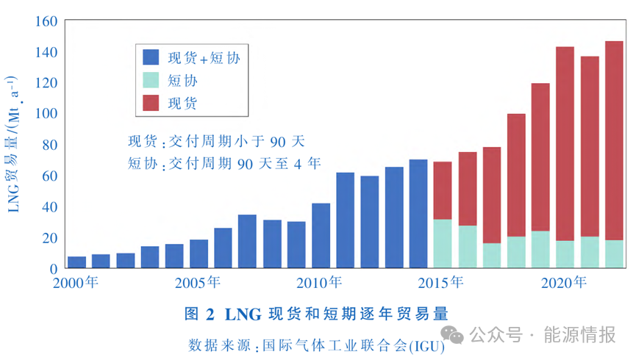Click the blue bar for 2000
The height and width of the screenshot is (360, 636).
pos(76,262)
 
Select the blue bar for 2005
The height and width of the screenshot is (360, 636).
pos(199,253)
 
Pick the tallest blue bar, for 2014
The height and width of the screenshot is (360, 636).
pos(418,214)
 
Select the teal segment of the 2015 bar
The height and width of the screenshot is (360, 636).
pos(443,244)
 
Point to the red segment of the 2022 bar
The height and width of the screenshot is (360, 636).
pos(613,140)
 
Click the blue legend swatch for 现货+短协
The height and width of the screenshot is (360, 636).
pos(151,56)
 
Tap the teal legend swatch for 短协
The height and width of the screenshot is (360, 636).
pos(151,79)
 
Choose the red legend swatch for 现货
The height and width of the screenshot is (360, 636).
pos(151,102)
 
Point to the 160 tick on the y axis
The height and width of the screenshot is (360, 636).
pos(45,21)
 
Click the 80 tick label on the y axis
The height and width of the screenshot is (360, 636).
pos(49,145)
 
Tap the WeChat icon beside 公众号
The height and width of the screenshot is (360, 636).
pos(457,335)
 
